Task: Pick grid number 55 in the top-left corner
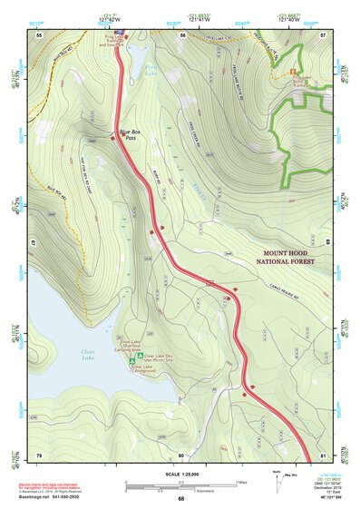[x=39, y=34]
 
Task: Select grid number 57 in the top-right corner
[x=324, y=34]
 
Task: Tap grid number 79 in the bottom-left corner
[x=39, y=454]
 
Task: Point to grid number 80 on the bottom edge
[x=181, y=454]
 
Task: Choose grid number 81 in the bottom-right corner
[x=324, y=454]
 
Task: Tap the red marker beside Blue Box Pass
[x=112, y=138]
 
